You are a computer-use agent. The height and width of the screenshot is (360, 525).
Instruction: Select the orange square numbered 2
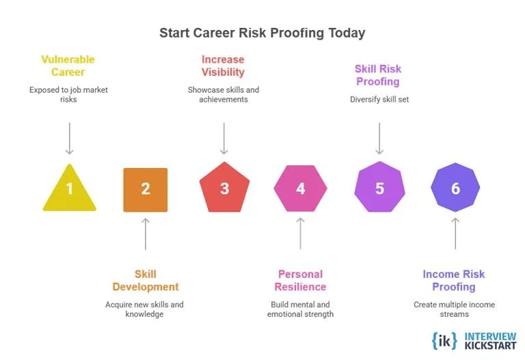coord(145,189)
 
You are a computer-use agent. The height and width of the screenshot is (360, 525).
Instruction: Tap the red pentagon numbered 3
coord(224,189)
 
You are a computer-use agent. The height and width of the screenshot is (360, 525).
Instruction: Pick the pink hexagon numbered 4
coord(300,189)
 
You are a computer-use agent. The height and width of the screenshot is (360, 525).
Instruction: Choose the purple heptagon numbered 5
coord(379,189)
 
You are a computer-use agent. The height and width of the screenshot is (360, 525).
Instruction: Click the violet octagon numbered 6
coord(455,189)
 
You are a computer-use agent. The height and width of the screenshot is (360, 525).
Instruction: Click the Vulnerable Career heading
coord(68,66)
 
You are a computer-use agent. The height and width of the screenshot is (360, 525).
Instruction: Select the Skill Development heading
coord(146,281)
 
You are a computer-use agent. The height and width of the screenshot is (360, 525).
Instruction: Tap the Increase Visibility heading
coord(223,66)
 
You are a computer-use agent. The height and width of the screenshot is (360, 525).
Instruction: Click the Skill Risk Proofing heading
coord(377,75)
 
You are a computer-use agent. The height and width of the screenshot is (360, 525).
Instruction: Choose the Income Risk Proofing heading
coord(453,281)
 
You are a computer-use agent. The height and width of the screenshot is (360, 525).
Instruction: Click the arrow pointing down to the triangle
coord(69,139)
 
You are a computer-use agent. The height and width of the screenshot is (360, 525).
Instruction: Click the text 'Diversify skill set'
coord(378,98)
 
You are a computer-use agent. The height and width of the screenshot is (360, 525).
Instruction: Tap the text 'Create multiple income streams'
coord(454,309)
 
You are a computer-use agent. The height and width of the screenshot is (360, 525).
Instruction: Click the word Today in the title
coord(347,33)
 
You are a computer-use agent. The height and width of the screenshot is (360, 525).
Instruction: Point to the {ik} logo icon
coord(445,340)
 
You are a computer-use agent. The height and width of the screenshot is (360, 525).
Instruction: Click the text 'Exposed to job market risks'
coord(68,94)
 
